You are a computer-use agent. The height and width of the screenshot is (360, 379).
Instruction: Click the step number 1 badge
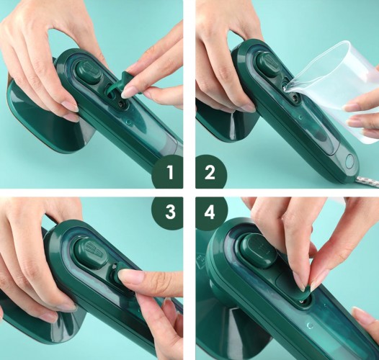168,172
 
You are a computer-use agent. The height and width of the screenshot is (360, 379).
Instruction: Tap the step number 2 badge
210,172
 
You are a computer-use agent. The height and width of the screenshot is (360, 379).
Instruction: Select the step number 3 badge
169,212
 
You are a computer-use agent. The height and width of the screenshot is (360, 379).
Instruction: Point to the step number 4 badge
211,212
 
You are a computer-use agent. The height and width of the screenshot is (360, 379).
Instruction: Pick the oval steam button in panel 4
258,251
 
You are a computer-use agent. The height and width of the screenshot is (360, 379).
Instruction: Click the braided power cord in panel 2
367,181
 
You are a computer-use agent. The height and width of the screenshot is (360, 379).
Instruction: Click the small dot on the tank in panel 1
129,122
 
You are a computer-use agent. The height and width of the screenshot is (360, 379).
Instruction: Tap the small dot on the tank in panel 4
310,325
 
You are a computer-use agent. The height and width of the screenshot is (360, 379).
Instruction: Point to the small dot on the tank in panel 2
300,118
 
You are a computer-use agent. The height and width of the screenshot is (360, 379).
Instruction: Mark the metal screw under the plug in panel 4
302,301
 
